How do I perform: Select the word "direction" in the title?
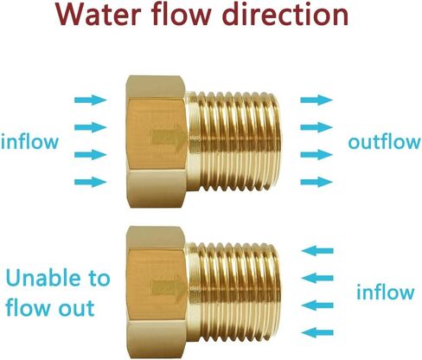click(x=286, y=14)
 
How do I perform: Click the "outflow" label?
click(x=385, y=141)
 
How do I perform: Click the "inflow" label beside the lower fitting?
click(x=386, y=292)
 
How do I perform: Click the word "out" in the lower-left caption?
click(x=76, y=308)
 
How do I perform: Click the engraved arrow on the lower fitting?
click(x=169, y=287)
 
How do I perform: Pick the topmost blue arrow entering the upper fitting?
click(x=91, y=100)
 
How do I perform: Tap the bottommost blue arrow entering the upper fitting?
click(x=91, y=182)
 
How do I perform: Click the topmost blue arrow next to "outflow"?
click(x=316, y=100)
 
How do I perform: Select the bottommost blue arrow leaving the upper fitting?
click(x=316, y=182)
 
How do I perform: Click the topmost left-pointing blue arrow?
click(x=317, y=251)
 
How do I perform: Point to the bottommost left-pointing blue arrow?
click(x=317, y=332)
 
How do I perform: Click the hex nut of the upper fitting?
click(x=157, y=141)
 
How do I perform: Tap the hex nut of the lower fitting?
click(x=157, y=292)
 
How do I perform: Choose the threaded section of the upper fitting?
click(x=234, y=141)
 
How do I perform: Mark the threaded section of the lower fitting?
click(x=234, y=292)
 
